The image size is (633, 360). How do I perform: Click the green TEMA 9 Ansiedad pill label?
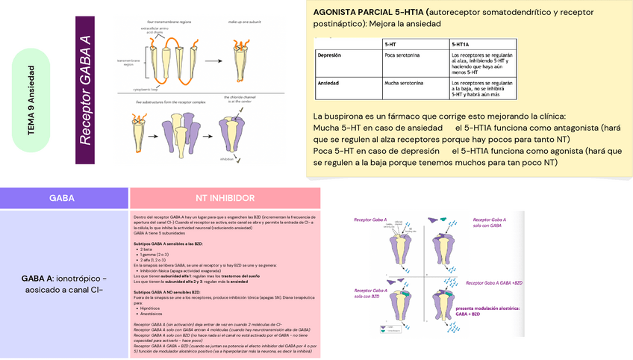[x=31, y=100]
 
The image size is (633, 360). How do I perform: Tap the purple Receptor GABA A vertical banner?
[x=85, y=90]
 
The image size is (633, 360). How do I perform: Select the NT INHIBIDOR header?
[x=225, y=199]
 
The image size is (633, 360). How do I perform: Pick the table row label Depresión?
[x=329, y=55]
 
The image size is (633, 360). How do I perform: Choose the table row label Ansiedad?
[x=328, y=82]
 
